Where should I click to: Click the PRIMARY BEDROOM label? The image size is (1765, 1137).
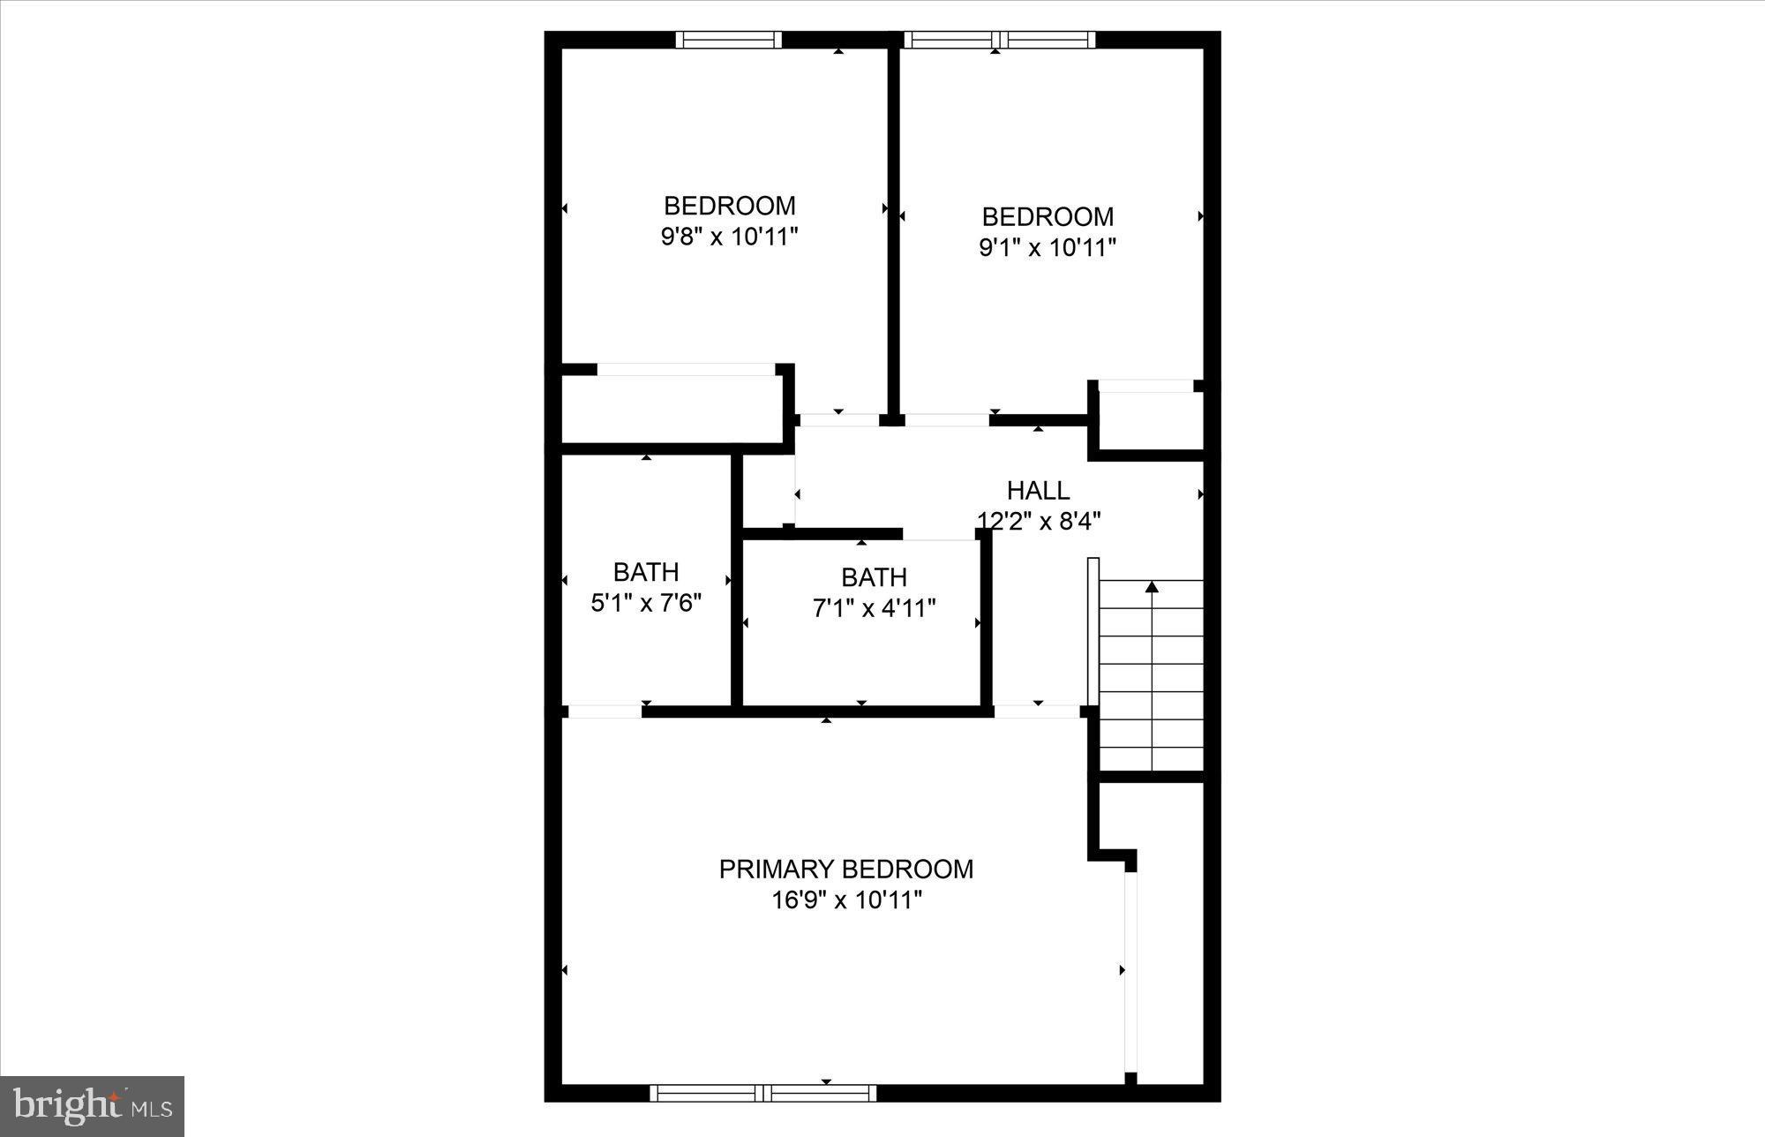pos(845,870)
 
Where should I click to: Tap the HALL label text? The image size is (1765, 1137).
pos(1038,491)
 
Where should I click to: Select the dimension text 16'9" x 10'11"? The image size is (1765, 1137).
pos(846,900)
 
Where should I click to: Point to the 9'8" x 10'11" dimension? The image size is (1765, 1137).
pos(729,237)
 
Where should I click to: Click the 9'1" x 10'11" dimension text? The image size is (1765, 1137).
pos(1048,247)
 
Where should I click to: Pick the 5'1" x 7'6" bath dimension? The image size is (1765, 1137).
pos(646,603)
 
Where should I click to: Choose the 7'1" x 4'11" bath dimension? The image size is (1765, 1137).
pos(874,608)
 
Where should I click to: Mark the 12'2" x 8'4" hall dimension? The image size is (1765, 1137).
pos(1039,522)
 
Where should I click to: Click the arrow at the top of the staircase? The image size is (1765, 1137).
pos(1152,586)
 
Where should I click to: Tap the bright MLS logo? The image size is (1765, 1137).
pos(92,1106)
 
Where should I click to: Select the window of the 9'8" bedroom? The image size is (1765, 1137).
pos(729,40)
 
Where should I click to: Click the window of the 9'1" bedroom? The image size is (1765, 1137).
pos(999,40)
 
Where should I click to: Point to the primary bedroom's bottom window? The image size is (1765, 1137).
pos(763,1093)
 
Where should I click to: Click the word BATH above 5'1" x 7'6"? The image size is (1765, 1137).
pos(646,572)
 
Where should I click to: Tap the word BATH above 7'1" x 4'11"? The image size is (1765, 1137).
pos(874,577)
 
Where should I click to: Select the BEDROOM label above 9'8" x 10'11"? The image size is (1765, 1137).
pos(729,206)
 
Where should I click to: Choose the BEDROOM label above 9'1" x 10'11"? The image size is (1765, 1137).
pos(1048,216)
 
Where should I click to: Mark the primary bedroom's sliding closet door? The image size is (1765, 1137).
pos(1130,971)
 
